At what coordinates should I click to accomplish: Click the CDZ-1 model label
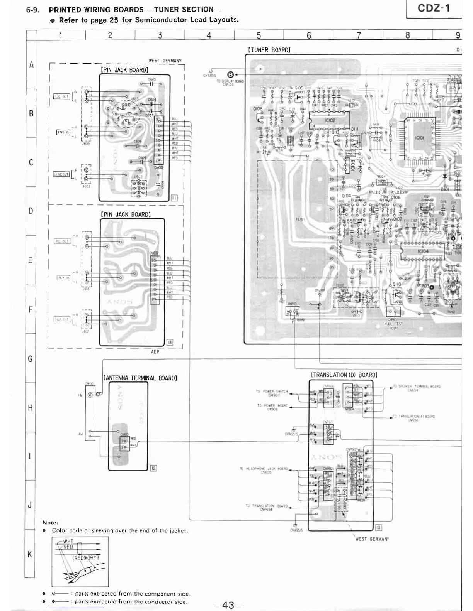tap(434, 8)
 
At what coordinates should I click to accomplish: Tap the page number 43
tap(228, 604)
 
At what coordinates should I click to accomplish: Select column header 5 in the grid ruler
tap(259, 35)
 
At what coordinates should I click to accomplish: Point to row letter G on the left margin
tap(31, 359)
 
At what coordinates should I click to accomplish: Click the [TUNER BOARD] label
tap(269, 50)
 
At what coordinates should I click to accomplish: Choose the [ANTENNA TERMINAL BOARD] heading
tap(140, 378)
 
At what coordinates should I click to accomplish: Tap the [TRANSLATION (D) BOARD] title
tap(344, 375)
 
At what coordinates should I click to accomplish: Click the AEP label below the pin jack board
tap(155, 352)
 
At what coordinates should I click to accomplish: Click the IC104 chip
tap(423, 251)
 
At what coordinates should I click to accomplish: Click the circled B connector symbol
tap(231, 74)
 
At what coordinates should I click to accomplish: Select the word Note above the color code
tap(50, 522)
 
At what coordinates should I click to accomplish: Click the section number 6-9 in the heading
tap(32, 10)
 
